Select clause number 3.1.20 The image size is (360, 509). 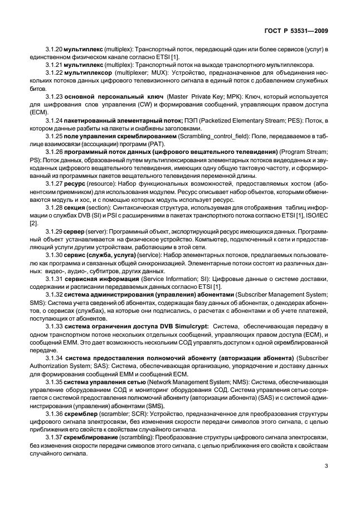tap(53, 50)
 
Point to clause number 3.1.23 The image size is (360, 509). tap(53, 96)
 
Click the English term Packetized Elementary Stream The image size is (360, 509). tap(250, 120)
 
